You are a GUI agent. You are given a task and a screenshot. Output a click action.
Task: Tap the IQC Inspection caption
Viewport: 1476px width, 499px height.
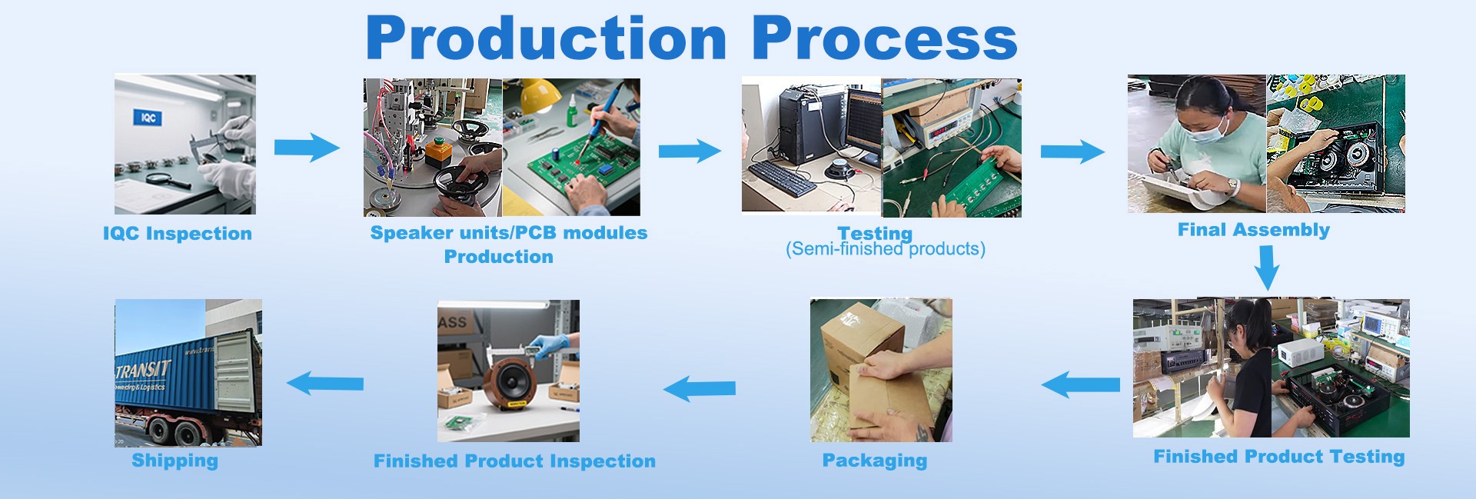[178, 234]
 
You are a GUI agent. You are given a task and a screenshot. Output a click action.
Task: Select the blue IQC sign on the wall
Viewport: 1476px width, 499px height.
[148, 118]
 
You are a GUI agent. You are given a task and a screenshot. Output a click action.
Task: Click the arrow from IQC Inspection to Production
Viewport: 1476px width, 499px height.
[306, 147]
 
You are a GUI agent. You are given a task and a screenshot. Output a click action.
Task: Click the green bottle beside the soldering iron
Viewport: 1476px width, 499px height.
[573, 116]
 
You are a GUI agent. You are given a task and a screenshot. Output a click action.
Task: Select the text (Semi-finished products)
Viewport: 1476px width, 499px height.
[885, 250]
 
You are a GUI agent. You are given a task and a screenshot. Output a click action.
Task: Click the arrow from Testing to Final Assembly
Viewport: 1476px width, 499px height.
[1072, 151]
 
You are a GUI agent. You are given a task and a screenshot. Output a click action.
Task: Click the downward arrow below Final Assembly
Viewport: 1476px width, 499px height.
[1267, 268]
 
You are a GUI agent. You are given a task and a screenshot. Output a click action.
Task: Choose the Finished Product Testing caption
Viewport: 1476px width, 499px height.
[1278, 457]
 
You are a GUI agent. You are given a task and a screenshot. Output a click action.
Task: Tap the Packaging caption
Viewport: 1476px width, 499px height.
[874, 461]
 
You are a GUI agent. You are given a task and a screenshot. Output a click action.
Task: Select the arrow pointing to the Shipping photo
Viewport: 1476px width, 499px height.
[325, 382]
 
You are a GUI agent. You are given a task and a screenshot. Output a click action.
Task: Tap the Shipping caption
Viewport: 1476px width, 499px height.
[175, 461]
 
